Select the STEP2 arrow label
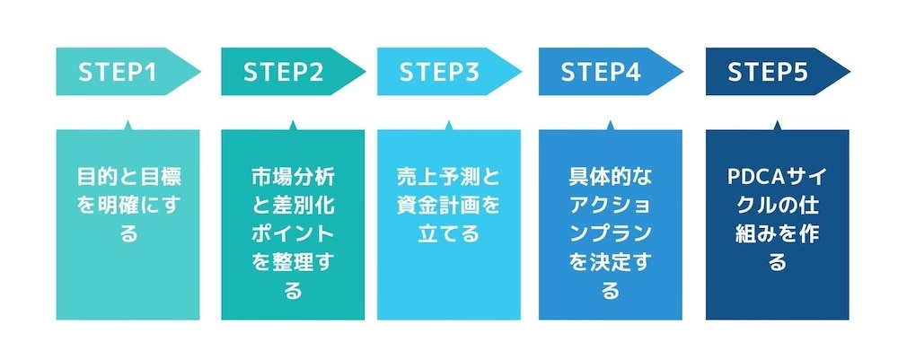coord(283,73)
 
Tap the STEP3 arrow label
coord(439,73)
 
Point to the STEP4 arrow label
coord(601,73)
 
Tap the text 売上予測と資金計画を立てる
coord(449,205)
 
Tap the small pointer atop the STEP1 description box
coord(128,125)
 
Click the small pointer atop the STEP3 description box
coord(449,125)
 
